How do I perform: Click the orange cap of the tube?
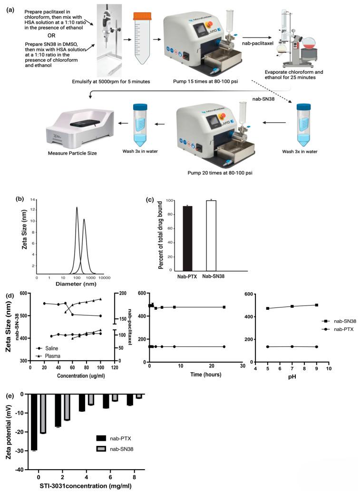point(142,17)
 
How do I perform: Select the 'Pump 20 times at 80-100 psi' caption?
point(209,172)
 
